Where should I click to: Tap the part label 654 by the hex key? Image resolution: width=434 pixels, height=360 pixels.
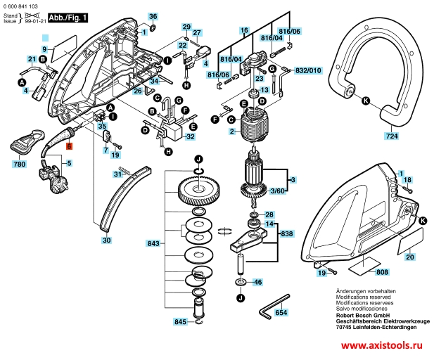coord(281,311)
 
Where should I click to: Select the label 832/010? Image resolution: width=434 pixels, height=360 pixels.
coord(307,71)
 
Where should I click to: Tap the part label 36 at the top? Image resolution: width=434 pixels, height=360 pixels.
coord(153,16)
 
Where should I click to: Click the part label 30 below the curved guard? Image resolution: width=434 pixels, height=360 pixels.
coord(106,240)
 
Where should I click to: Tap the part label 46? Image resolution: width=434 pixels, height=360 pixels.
coord(257,282)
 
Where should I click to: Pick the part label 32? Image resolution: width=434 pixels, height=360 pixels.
coord(190,137)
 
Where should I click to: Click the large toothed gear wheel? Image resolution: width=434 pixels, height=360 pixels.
coord(197,189)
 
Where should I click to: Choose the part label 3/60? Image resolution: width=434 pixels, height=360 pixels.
coord(278,191)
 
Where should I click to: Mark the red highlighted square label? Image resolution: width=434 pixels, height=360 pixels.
coord(69,146)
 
